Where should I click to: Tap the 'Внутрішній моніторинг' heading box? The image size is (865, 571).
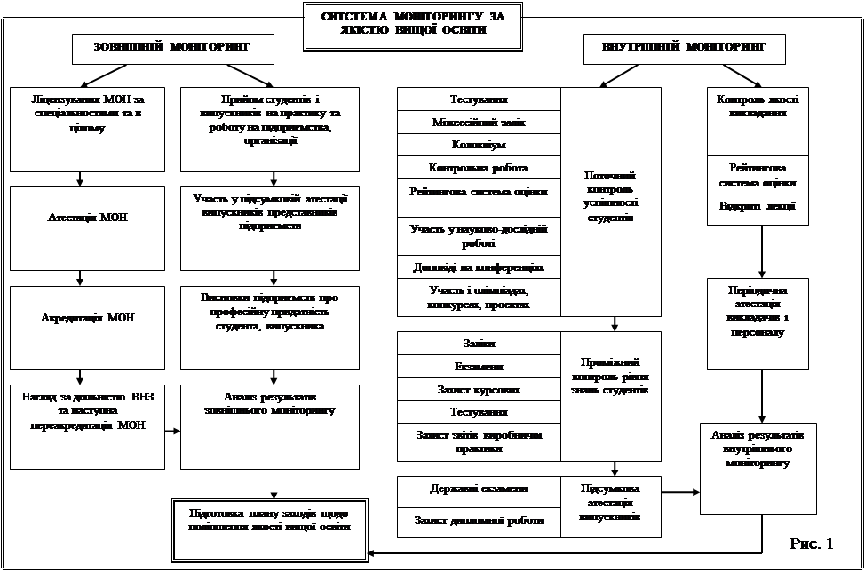tap(684, 49)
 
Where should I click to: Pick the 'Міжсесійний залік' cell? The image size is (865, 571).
tap(479, 122)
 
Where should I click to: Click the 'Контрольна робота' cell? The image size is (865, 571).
tap(479, 167)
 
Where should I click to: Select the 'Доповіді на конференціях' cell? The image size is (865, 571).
tap(479, 266)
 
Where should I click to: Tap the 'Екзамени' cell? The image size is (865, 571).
tap(479, 367)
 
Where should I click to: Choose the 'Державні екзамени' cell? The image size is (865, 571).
tap(479, 488)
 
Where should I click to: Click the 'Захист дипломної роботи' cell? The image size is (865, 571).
tap(479, 521)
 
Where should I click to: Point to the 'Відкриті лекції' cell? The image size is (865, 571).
tap(758, 207)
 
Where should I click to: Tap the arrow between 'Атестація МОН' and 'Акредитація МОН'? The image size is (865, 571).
tap(81, 278)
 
